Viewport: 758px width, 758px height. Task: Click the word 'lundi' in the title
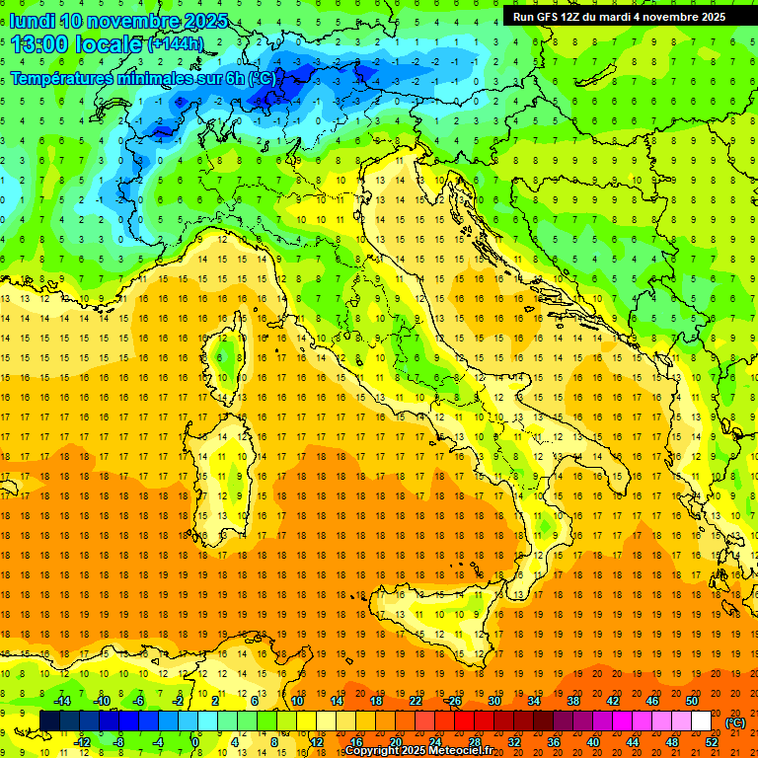tap(32, 20)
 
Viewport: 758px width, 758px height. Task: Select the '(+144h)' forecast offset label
tap(176, 43)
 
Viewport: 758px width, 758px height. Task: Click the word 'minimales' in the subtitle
tap(149, 78)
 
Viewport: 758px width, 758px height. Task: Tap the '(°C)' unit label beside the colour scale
tap(735, 721)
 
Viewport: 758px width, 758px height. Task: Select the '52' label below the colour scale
tap(712, 742)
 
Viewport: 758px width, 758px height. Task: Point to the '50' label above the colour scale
tap(692, 701)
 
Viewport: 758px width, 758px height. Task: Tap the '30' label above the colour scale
tap(495, 701)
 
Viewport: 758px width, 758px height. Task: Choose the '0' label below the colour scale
tap(196, 742)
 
